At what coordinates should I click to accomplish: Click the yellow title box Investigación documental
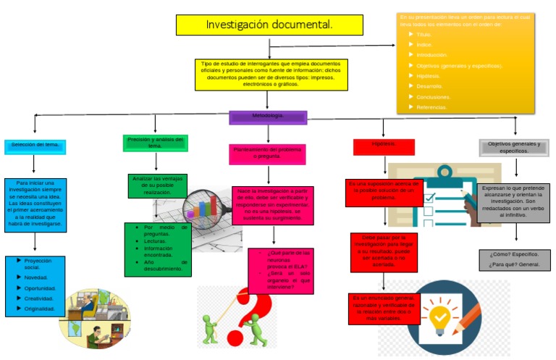pos(269,25)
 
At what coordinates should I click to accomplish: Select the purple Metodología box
pos(268,117)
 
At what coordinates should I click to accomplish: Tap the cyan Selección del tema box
pos(35,146)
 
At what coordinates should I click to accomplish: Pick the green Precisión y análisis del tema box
pos(155,143)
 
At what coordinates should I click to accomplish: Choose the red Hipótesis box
pos(384,146)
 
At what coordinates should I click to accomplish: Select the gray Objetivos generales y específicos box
pos(514,148)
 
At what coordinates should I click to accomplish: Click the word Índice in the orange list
pos(424,45)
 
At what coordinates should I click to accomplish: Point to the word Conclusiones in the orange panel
pos(433,96)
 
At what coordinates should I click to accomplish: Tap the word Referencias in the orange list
pos(431,107)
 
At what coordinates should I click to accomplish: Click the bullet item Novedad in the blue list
pos(36,277)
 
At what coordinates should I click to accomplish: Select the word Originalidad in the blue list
pos(39,309)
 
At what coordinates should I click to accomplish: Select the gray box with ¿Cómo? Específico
pos(514,259)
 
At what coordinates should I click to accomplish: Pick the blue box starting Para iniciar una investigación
pos(35,204)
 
